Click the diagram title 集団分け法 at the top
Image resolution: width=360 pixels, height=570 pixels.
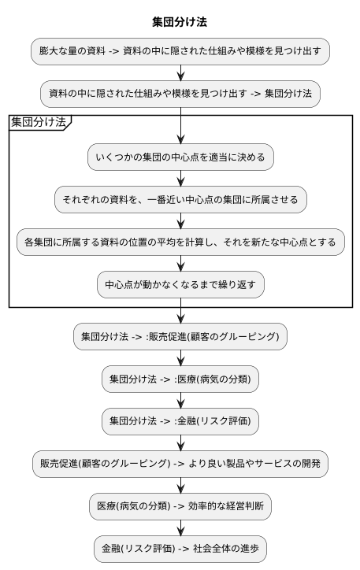click(180, 21)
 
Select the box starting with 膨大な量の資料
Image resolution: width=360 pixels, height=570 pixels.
click(180, 51)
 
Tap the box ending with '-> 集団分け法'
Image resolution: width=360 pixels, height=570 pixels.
click(180, 94)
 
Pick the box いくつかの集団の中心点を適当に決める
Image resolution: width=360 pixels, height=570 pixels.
click(180, 157)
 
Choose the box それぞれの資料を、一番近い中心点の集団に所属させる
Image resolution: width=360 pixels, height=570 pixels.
click(180, 199)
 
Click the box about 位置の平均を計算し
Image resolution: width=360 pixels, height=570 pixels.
click(180, 242)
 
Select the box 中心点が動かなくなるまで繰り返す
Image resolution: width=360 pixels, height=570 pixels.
click(180, 284)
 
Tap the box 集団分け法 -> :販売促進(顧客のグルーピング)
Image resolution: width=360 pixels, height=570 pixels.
click(180, 336)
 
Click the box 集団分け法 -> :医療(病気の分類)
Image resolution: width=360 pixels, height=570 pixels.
click(180, 379)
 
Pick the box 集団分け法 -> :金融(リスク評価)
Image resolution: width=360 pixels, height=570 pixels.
click(180, 421)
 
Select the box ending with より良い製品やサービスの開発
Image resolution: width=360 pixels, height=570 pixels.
click(180, 464)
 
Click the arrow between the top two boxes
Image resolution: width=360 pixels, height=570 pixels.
click(180, 72)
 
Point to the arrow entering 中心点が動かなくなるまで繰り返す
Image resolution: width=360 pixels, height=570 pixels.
click(180, 263)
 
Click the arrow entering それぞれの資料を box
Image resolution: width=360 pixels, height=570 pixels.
click(180, 178)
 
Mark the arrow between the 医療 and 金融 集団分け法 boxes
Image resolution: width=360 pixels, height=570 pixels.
click(180, 400)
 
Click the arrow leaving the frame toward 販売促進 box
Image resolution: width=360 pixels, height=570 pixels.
click(180, 314)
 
